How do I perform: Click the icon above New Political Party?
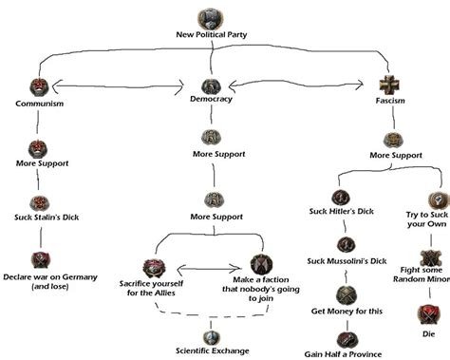[x=211, y=17]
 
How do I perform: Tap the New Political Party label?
[x=211, y=35]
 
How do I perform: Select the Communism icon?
[x=39, y=88]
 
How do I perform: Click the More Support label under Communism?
[x=39, y=163]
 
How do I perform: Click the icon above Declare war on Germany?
[x=40, y=260]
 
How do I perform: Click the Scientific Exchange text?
[x=210, y=351]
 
